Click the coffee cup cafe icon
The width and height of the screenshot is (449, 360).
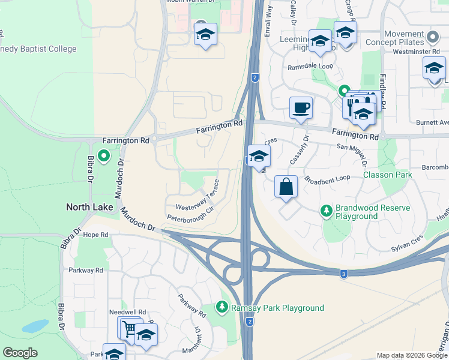coord(301,108)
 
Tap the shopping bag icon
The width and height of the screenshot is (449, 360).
coord(286,187)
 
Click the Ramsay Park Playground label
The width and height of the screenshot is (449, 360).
coord(278,308)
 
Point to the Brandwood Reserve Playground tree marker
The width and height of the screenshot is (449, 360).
coord(326,211)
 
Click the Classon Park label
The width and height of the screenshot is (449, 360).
coord(387,175)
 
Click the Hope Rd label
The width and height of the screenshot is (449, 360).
coord(95,235)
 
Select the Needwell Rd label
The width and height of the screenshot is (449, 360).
coord(127,313)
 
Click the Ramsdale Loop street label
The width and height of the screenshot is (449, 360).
coord(310,68)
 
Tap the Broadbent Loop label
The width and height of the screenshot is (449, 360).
coord(327,179)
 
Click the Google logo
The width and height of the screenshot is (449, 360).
coord(20,353)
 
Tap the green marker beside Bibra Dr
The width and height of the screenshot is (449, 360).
coord(103,157)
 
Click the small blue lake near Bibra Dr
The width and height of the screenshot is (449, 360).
coord(35,326)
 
